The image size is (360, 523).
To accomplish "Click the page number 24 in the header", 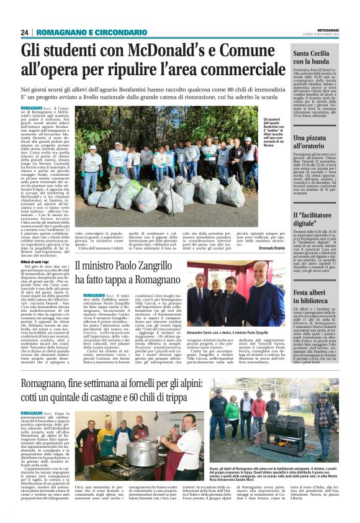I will tap(24, 32).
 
